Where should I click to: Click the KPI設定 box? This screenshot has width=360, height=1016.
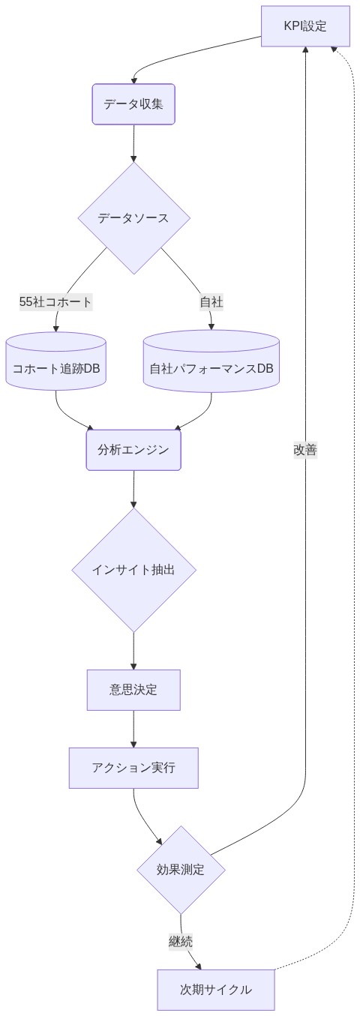(305, 27)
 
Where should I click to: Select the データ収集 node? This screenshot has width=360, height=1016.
(133, 104)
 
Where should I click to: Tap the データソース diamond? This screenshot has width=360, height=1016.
(133, 218)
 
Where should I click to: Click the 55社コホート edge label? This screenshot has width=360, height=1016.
(55, 302)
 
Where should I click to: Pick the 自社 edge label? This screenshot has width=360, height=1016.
(211, 302)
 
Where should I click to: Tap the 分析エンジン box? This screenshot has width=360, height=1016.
(133, 450)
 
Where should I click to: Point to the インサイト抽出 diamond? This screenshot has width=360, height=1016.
(133, 570)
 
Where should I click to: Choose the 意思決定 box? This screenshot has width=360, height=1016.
(133, 690)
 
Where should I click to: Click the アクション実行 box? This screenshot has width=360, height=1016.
(133, 768)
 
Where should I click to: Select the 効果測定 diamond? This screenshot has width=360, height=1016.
(181, 870)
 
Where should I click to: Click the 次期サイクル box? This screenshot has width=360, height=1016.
(216, 990)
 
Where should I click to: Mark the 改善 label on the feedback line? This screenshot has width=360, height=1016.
(305, 450)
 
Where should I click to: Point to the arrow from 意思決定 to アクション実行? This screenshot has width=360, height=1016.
(133, 728)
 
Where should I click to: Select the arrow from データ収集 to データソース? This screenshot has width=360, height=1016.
(133, 142)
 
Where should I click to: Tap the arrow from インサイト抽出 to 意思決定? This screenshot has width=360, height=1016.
(133, 650)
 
